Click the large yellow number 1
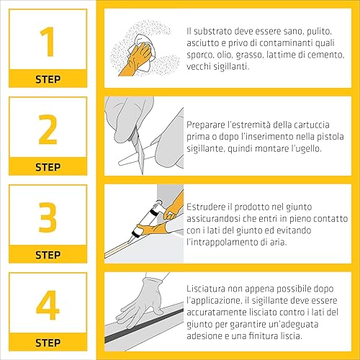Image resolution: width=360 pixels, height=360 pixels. pos(48,42)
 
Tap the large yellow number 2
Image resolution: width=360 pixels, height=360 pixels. pos(48,130)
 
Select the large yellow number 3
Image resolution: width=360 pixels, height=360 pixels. pos(48,217)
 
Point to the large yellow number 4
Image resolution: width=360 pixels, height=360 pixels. pos(48,305)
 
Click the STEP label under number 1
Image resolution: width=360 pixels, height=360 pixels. pos(48,79)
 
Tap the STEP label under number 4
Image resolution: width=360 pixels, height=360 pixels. pos(48,343)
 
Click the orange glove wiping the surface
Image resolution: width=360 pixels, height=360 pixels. pos(136,60)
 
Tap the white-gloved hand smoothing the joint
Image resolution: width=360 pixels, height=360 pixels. pos(142,304)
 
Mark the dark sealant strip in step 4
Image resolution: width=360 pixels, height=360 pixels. pos(144,325)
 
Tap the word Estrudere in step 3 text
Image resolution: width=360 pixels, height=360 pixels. pos(207,207)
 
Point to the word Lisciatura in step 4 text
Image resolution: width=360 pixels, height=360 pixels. pos(206,289)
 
